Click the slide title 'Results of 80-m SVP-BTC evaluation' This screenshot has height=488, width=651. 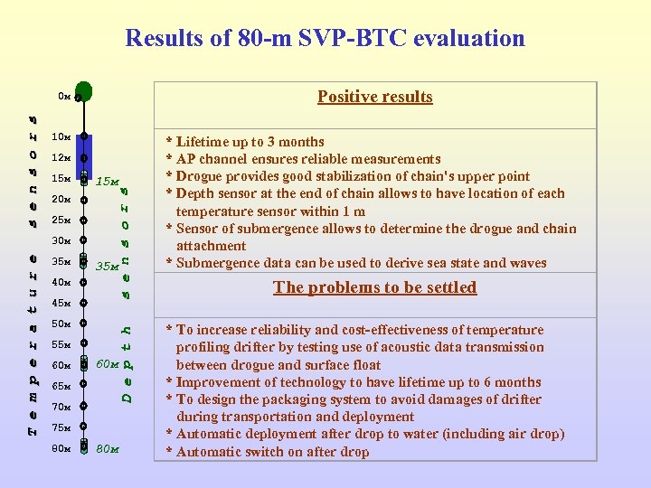[x=325, y=38]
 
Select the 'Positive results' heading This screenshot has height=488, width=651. [x=374, y=97]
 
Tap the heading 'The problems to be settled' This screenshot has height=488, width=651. [x=374, y=287]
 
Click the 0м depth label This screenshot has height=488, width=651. [x=63, y=95]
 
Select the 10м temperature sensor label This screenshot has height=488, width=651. [x=61, y=137]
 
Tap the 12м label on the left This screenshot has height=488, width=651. [x=61, y=158]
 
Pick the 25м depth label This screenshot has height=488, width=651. [x=61, y=221]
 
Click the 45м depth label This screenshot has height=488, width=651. [x=61, y=303]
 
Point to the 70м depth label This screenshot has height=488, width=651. [x=61, y=407]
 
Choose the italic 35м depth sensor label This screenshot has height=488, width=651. [x=108, y=267]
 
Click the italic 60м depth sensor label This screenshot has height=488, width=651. [x=108, y=364]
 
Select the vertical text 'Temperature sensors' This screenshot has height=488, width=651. [x=32, y=271]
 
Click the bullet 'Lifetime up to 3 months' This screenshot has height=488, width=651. [x=244, y=142]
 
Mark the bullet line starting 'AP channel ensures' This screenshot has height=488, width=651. [x=302, y=159]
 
